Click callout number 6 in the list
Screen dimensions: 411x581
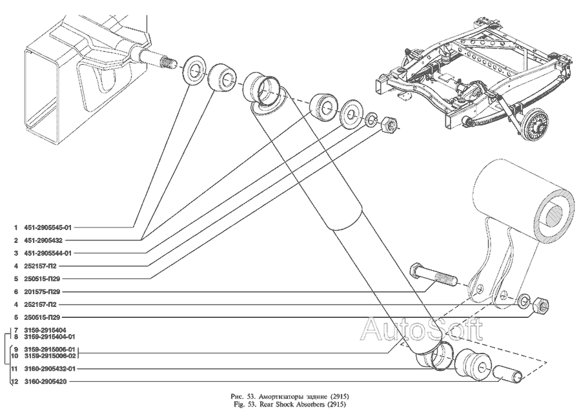point(15,291)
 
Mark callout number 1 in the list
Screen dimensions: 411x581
point(15,227)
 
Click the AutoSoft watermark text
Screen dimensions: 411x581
point(420,329)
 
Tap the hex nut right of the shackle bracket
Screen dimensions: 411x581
point(542,304)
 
